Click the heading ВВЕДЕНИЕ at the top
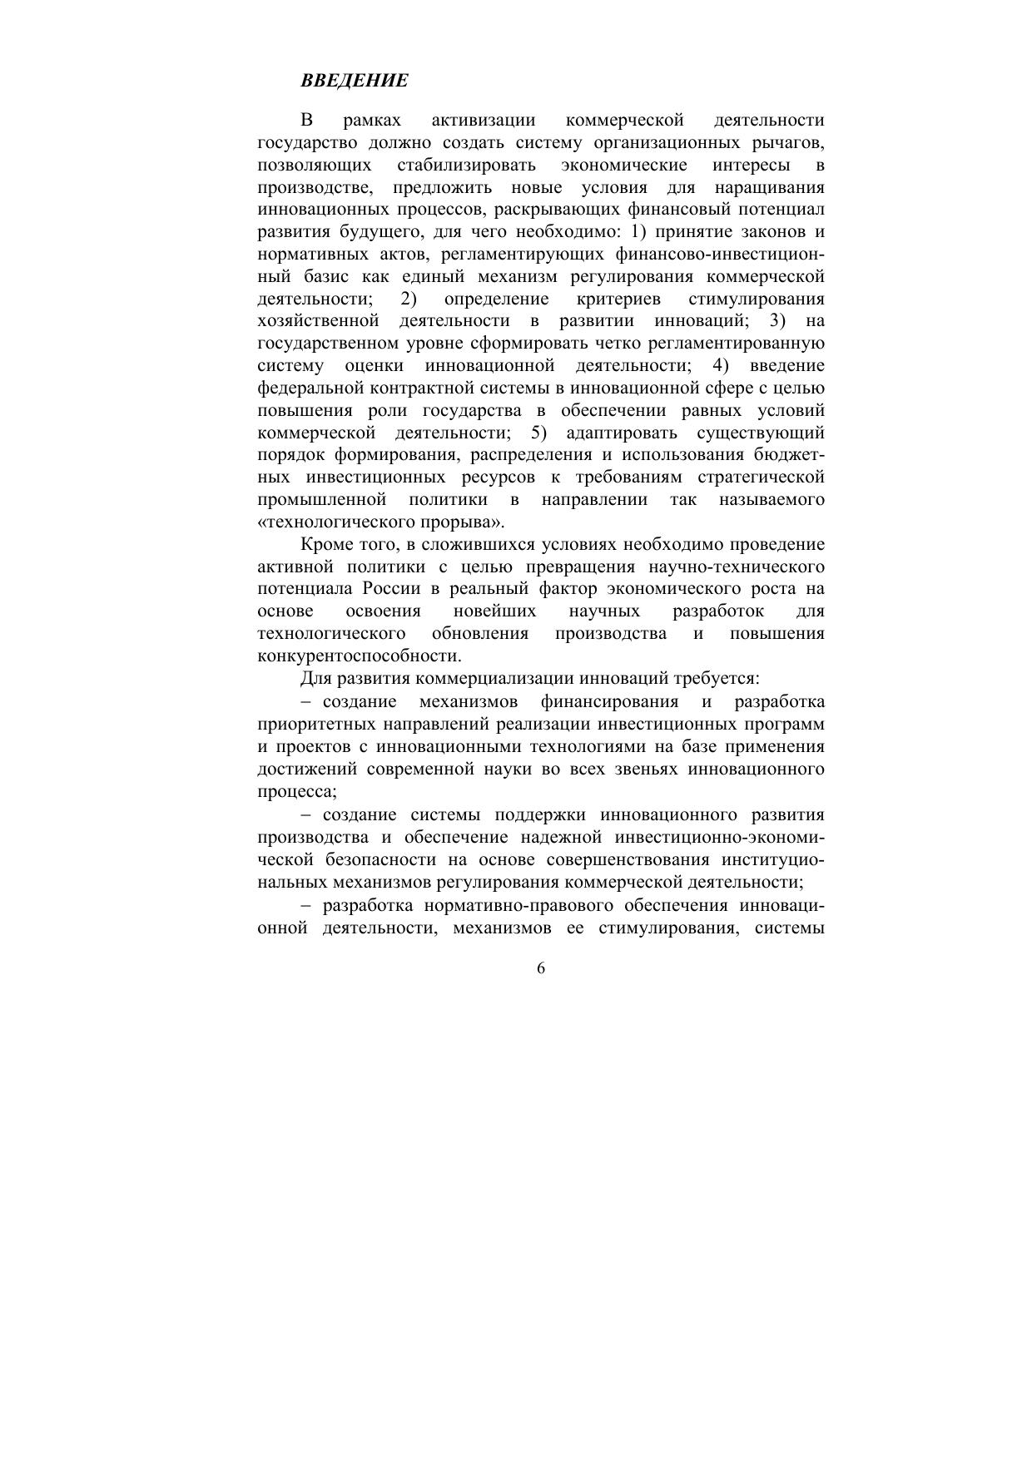click(x=355, y=81)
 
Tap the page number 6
click(x=541, y=968)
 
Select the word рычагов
click(x=790, y=142)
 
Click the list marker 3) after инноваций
click(x=777, y=321)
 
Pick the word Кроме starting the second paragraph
click(x=326, y=545)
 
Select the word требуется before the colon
click(x=712, y=678)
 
